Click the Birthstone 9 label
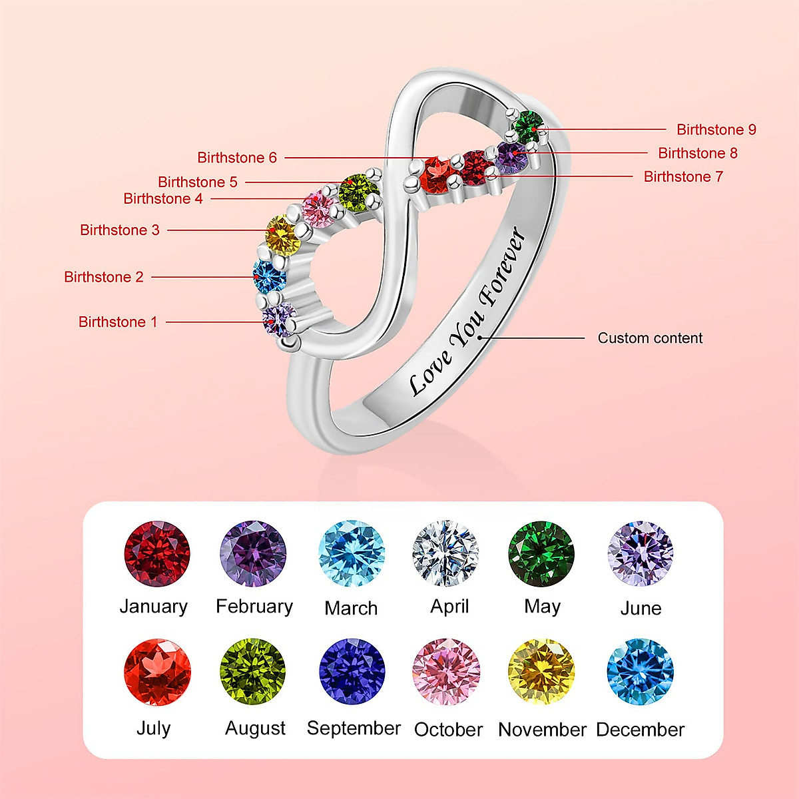[716, 130]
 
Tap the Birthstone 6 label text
[237, 158]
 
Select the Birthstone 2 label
[104, 277]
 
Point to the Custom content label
[650, 338]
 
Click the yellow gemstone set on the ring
[282, 235]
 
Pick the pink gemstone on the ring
[318, 209]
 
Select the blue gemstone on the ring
[270, 276]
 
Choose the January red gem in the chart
[156, 553]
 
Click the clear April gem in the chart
[445, 553]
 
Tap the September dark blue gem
[352, 671]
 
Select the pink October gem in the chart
[446, 672]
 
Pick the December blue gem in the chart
[640, 672]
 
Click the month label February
[254, 607]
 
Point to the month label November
[543, 730]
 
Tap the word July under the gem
[153, 729]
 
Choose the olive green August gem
[253, 671]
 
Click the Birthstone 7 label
[683, 176]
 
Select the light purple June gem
[641, 553]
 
